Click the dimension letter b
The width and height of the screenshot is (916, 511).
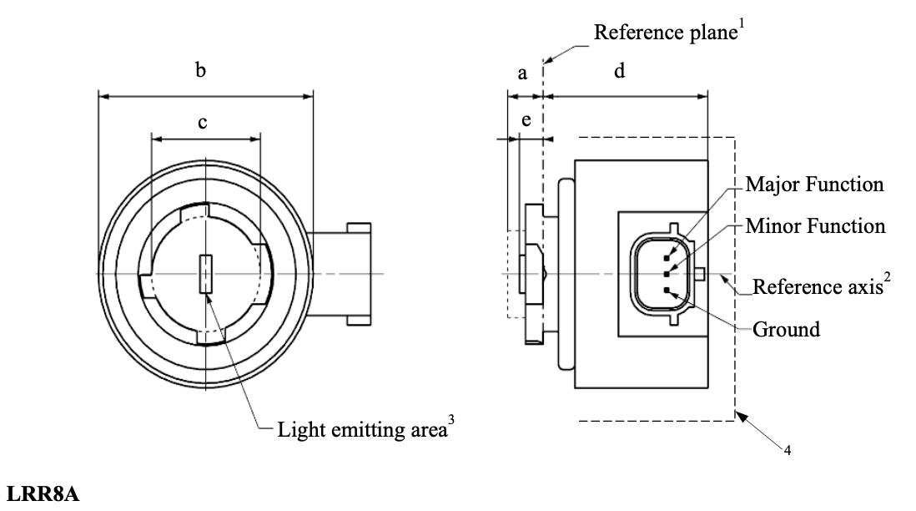[x=200, y=71]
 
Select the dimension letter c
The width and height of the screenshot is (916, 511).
[x=202, y=122]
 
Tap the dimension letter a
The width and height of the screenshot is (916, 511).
[x=523, y=73]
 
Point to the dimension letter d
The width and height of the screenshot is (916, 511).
[x=619, y=71]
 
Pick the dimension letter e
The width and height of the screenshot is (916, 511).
[x=526, y=121]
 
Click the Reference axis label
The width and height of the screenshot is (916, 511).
[x=814, y=288]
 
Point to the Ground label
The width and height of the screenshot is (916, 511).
[x=786, y=329]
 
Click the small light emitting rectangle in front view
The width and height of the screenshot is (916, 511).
[x=205, y=275]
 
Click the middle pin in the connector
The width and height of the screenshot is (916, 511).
[x=667, y=274]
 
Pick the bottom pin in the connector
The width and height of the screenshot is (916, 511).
[x=667, y=289]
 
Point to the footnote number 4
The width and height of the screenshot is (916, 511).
[x=787, y=451]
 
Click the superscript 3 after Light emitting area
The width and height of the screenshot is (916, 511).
[x=451, y=423]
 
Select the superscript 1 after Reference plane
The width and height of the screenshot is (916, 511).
[x=741, y=26]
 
